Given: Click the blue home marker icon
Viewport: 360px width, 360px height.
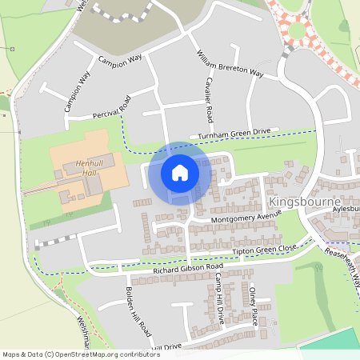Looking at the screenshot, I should pyautogui.click(x=180, y=172).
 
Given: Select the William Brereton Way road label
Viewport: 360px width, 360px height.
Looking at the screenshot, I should pyautogui.click(x=230, y=63).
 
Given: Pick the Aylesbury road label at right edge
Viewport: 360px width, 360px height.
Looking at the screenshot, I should pyautogui.click(x=342, y=206).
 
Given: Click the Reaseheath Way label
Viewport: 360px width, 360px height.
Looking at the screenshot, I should pyautogui.click(x=344, y=265).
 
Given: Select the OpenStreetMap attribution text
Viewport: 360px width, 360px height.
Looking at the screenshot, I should pyautogui.click(x=82, y=354).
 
